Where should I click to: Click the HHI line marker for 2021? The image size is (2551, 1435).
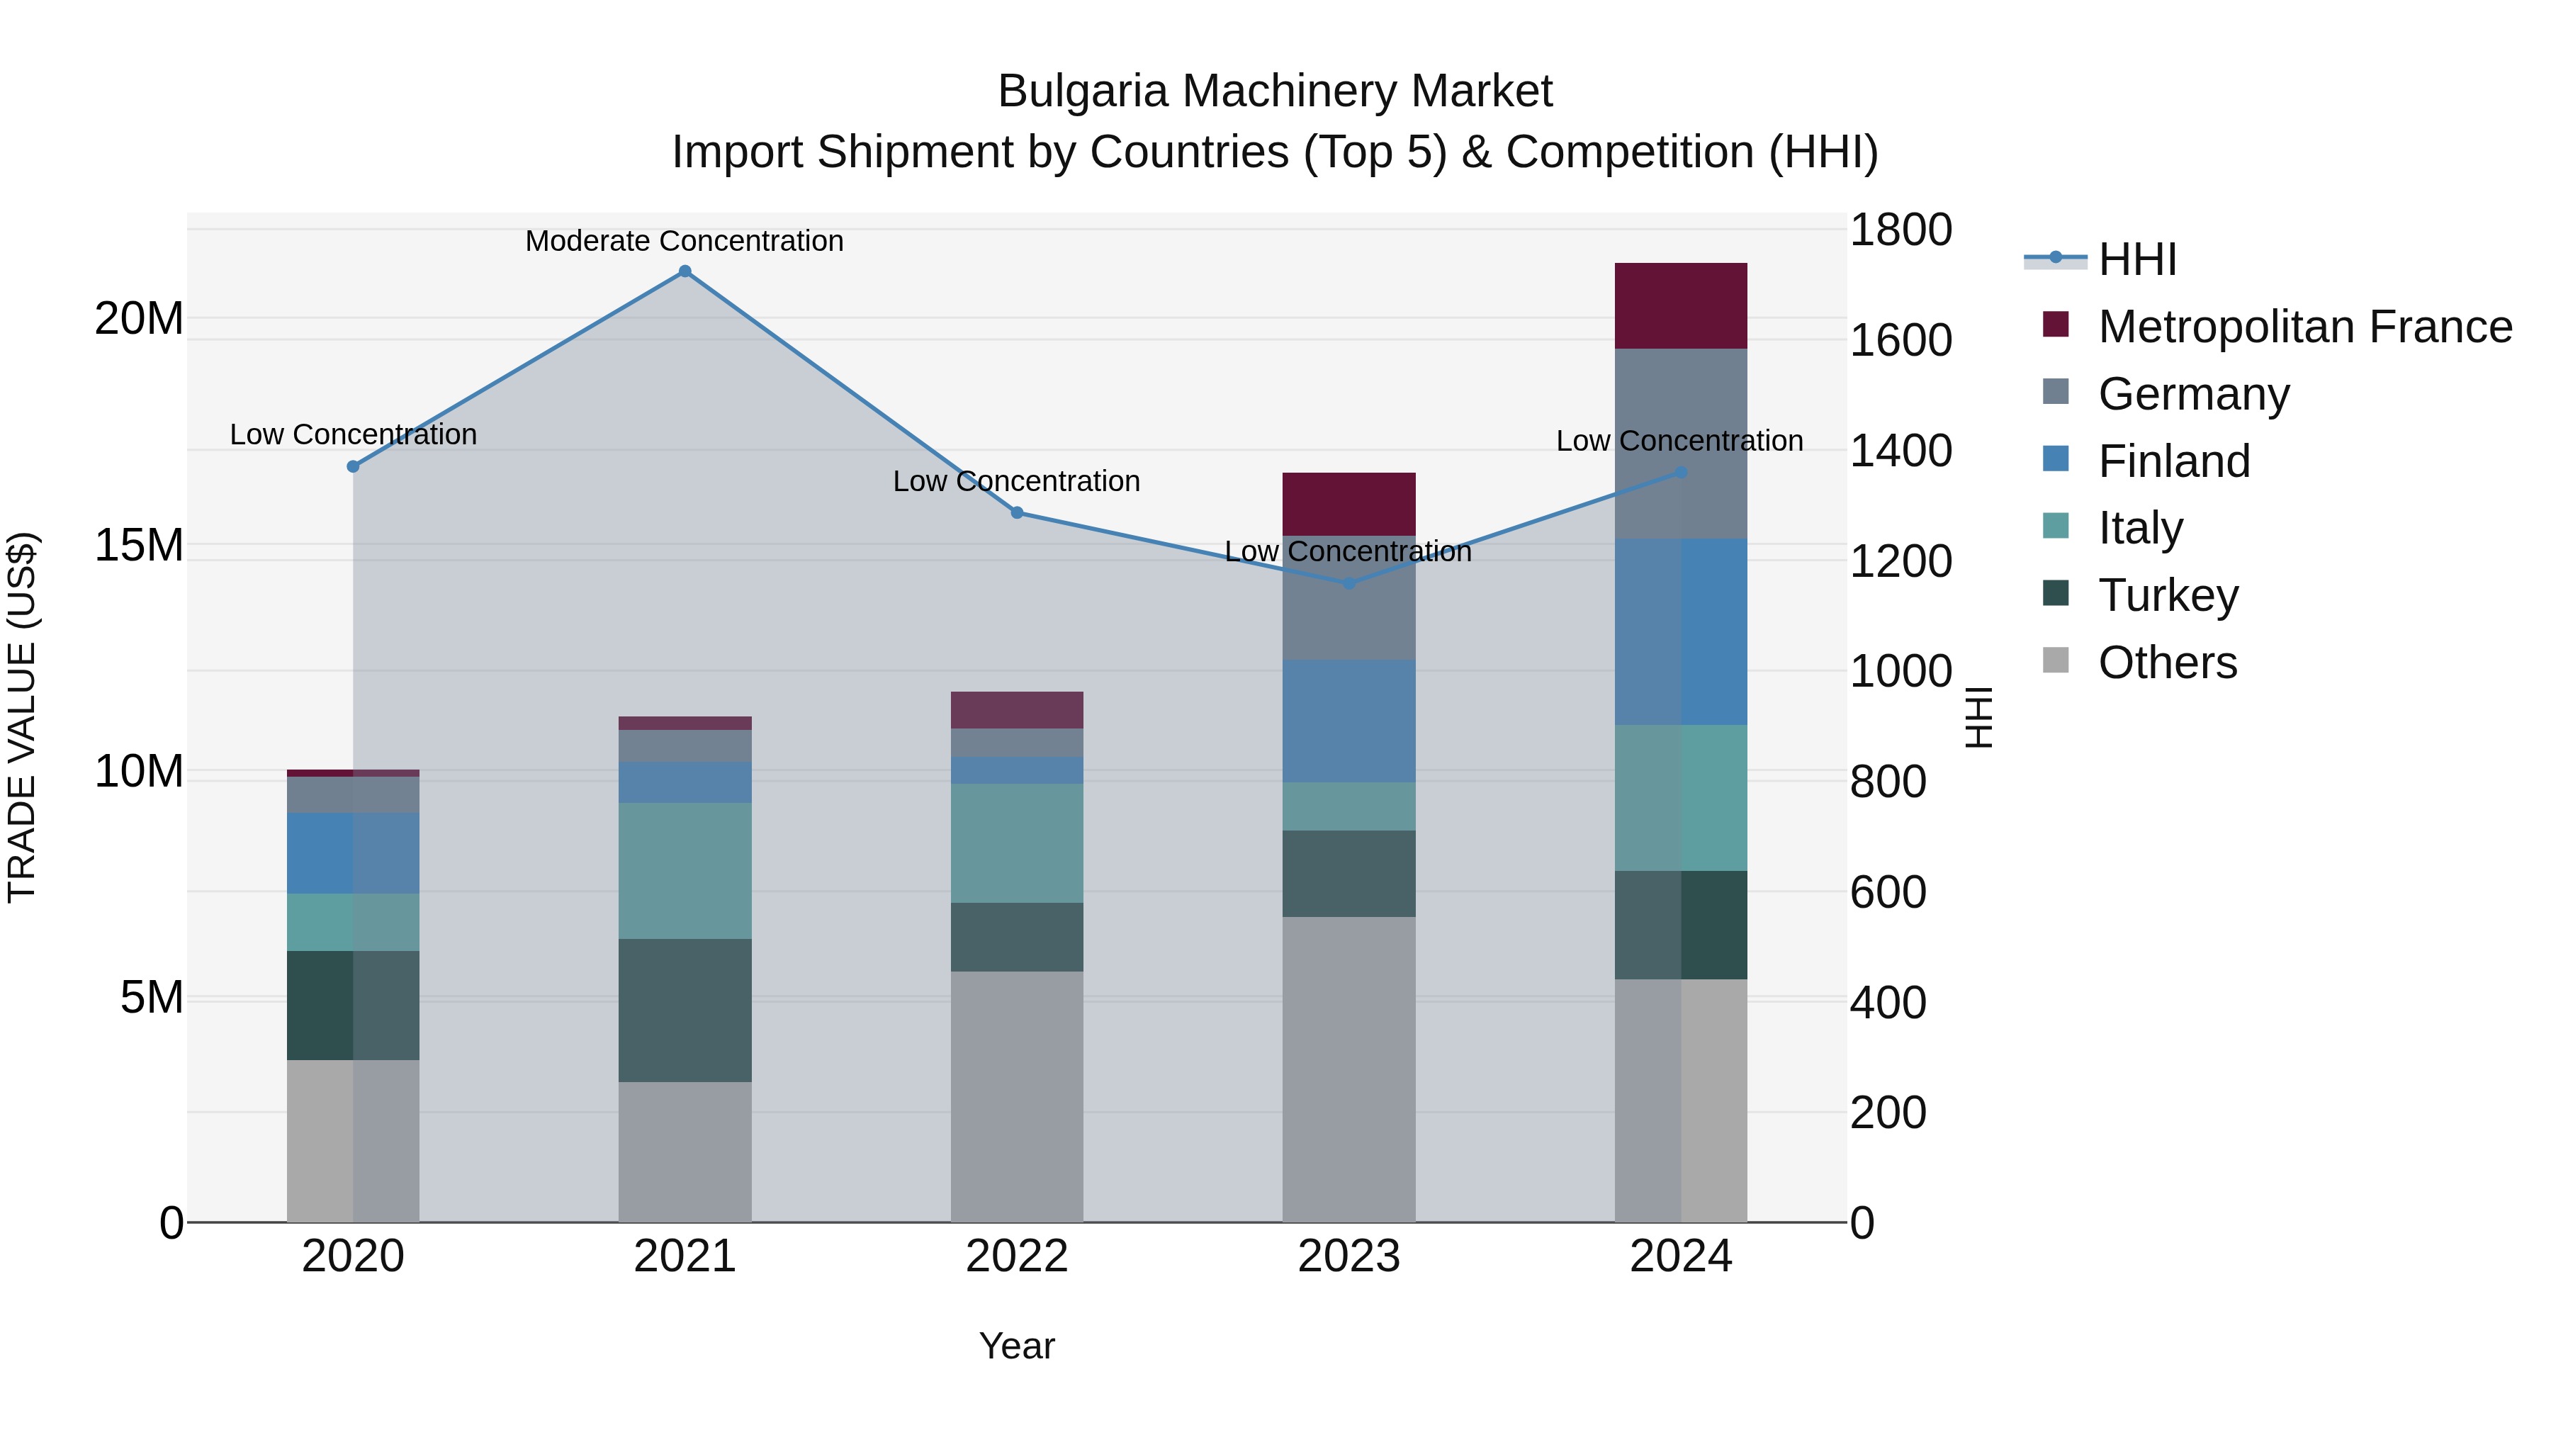(685, 271)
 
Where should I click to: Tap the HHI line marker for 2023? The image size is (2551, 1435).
(1348, 583)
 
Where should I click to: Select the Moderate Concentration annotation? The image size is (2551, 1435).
(685, 241)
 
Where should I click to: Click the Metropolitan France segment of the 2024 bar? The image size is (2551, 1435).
(1681, 306)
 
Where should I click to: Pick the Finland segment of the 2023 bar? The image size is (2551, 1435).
(1348, 721)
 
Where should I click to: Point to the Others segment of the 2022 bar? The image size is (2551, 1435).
(1017, 1096)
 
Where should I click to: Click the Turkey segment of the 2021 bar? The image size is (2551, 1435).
(685, 1010)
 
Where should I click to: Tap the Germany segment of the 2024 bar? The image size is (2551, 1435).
(1681, 444)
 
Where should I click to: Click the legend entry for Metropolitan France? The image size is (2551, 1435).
(2304, 327)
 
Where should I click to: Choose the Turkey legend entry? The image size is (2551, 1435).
(2168, 595)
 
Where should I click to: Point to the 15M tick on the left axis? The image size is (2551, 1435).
(139, 545)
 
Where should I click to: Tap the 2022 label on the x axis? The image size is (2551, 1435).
(1017, 1256)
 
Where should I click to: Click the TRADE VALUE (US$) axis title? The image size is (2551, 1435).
(22, 717)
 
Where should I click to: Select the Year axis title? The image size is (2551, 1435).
(1017, 1346)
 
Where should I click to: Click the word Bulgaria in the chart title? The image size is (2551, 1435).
(1081, 91)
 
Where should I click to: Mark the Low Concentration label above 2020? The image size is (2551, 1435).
(354, 435)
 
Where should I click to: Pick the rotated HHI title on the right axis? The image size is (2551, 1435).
(1978, 717)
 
